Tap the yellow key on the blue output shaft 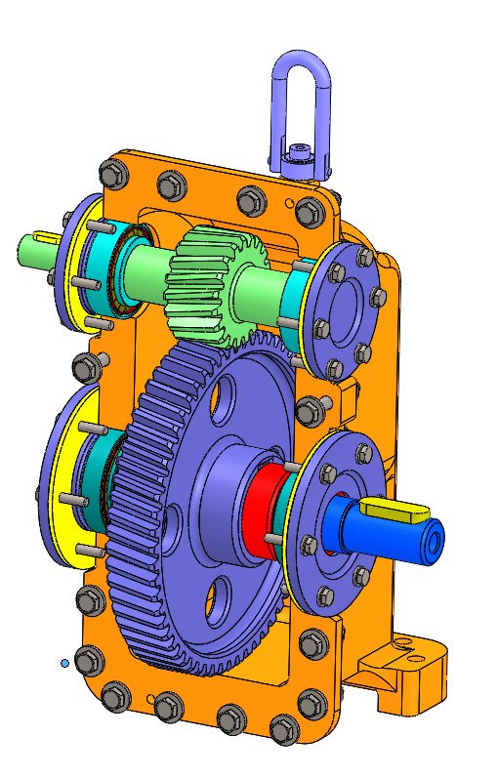[394, 508]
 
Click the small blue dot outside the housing [64, 663]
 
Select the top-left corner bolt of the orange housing [112, 173]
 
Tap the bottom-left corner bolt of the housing [114, 696]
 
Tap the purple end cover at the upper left [74, 264]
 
